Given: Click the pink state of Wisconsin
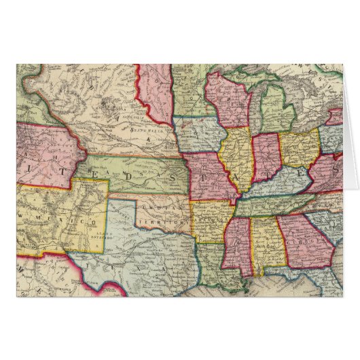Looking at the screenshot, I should pos(228,102).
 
